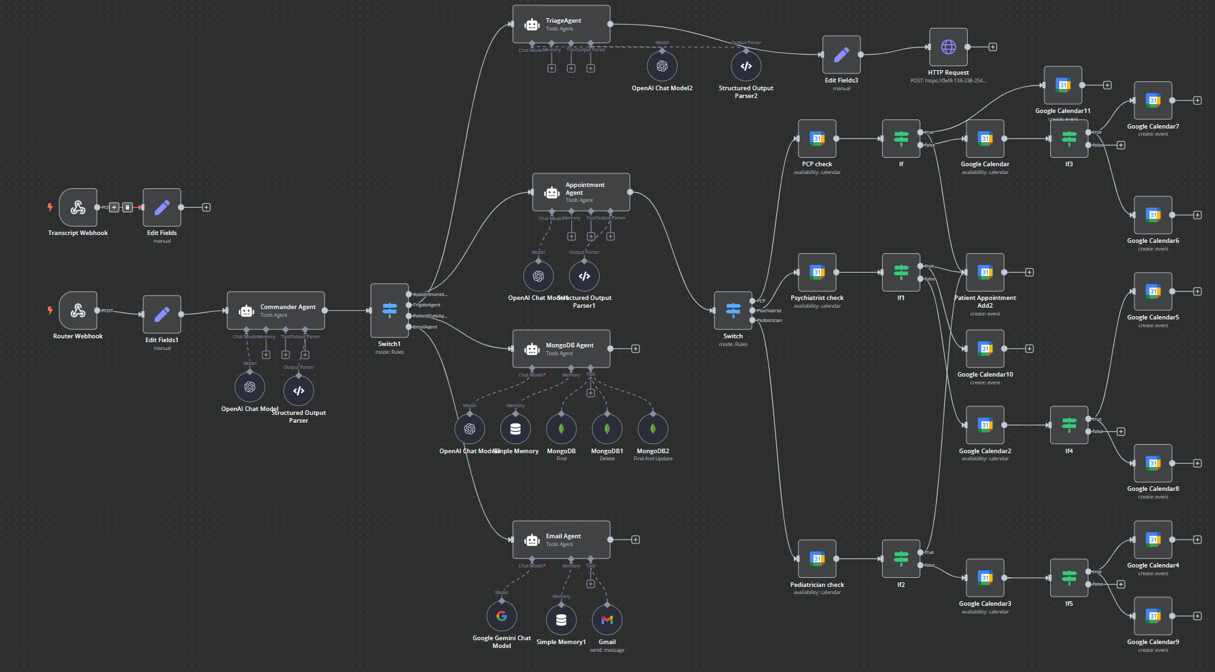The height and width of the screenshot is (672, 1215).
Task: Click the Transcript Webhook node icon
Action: click(x=78, y=208)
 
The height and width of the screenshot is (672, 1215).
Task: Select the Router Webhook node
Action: click(x=78, y=310)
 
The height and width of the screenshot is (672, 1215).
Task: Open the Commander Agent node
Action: click(x=276, y=310)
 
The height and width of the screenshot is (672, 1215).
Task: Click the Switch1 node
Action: click(x=389, y=310)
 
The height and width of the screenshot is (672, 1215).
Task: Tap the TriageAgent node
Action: click(x=561, y=25)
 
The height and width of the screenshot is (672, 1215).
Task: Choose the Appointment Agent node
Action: click(x=581, y=192)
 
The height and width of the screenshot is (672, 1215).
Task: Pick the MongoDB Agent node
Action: click(x=561, y=349)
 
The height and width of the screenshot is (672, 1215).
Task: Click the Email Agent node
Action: click(x=561, y=540)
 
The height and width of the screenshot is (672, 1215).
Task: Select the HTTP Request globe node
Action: click(x=948, y=47)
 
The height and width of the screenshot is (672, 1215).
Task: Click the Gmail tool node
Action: click(x=607, y=620)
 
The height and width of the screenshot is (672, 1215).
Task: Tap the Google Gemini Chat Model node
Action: click(x=502, y=616)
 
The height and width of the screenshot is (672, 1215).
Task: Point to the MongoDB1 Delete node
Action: click(x=607, y=429)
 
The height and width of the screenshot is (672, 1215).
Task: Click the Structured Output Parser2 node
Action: click(x=746, y=66)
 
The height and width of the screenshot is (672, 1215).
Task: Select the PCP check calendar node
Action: click(x=817, y=138)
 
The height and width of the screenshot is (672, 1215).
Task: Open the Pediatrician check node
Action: click(x=817, y=558)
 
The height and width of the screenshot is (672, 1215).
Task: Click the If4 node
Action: click(x=1069, y=425)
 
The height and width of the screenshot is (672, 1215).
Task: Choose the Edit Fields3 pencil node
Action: click(x=841, y=55)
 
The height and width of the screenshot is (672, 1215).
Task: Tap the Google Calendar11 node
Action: click(x=1062, y=85)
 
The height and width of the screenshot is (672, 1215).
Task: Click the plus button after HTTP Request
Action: click(x=992, y=47)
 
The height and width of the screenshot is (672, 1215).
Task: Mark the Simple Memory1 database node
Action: click(x=561, y=620)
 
